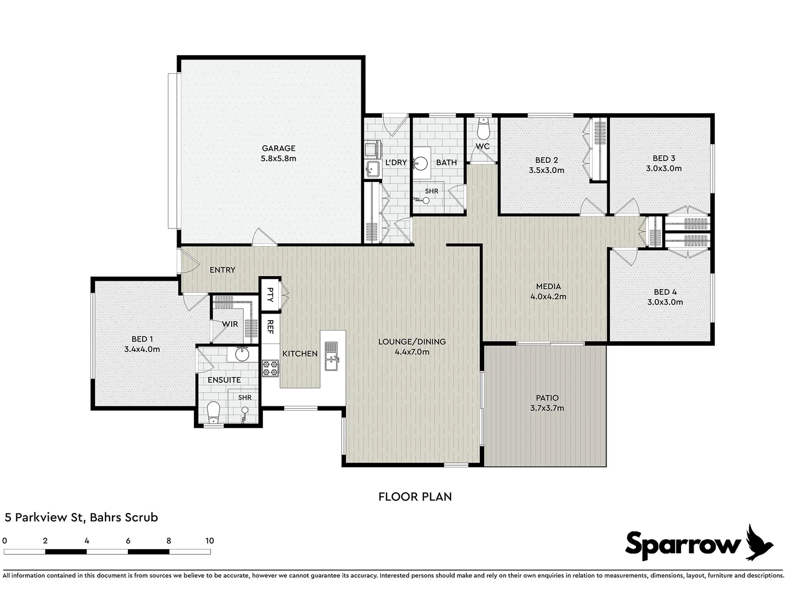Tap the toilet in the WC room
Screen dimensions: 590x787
483,130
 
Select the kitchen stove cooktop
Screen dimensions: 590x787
270,368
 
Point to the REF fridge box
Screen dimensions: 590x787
270,327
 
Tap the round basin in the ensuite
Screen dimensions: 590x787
241,355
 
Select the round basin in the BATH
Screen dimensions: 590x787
421,163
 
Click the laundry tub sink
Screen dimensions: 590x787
373,168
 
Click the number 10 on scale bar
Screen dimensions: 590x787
209,541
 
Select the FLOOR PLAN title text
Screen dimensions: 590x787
415,497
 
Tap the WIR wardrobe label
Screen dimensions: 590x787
230,324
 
